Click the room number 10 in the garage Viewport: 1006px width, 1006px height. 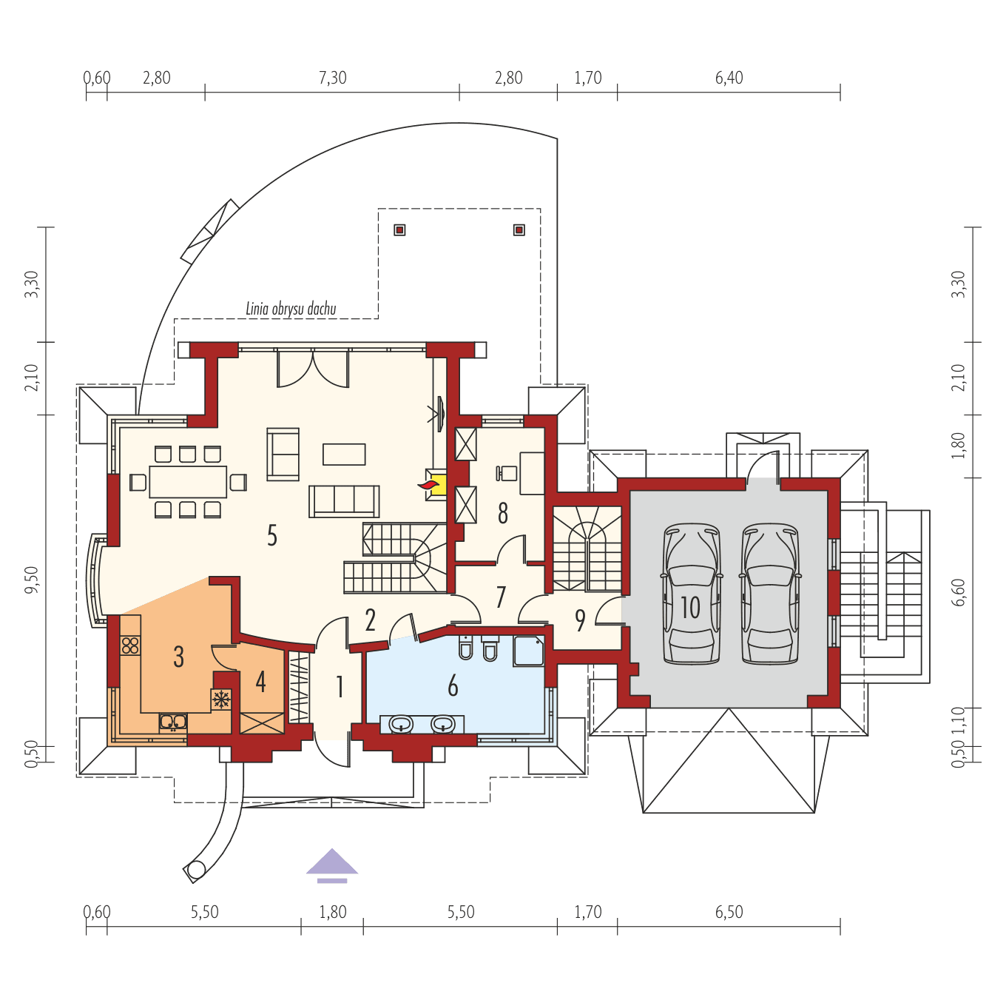point(690,608)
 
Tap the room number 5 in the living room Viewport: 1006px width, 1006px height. point(272,535)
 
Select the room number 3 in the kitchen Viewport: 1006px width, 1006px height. point(178,657)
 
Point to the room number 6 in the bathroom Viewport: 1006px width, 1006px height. point(453,686)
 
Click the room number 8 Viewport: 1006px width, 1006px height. point(503,513)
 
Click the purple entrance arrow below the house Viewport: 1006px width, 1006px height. point(332,864)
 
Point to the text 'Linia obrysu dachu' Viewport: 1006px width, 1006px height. point(291,309)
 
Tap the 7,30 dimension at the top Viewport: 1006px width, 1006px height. point(332,78)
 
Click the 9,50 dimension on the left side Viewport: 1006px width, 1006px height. point(31,580)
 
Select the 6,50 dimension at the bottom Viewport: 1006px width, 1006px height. point(729,912)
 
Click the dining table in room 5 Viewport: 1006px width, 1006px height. point(188,481)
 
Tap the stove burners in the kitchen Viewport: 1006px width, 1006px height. point(130,645)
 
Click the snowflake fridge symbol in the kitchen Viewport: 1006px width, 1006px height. point(221,699)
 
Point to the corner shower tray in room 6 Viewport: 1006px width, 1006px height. point(529,650)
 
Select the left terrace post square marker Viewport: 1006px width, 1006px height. point(399,229)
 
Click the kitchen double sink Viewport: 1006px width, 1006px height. point(173,722)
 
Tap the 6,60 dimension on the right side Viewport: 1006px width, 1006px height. point(959,592)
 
